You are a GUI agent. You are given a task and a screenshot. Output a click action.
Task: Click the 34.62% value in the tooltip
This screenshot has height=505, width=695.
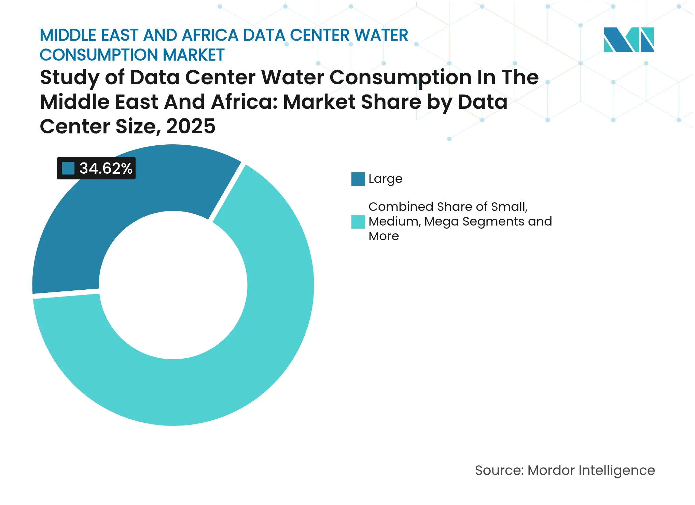click(x=106, y=168)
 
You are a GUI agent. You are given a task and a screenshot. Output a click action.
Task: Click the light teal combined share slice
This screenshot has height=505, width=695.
click(x=239, y=358)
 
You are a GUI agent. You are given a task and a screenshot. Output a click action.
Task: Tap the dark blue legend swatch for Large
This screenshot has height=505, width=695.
click(x=358, y=179)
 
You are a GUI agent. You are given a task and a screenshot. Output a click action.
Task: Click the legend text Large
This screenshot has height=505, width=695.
click(x=385, y=179)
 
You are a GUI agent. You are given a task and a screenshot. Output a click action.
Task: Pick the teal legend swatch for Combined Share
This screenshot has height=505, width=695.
click(x=358, y=222)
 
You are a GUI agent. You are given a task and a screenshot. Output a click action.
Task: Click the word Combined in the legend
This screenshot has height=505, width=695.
click(x=401, y=207)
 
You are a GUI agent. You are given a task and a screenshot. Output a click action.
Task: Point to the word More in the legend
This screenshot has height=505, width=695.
click(x=384, y=236)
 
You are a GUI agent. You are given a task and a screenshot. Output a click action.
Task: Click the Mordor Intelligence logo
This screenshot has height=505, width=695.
click(x=628, y=40)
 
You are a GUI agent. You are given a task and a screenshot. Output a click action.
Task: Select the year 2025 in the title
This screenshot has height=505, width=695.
click(x=191, y=126)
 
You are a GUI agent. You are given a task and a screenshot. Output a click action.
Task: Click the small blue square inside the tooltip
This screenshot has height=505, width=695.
click(x=68, y=168)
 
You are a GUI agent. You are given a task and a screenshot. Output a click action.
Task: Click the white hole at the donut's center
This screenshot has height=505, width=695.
click(x=173, y=285)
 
